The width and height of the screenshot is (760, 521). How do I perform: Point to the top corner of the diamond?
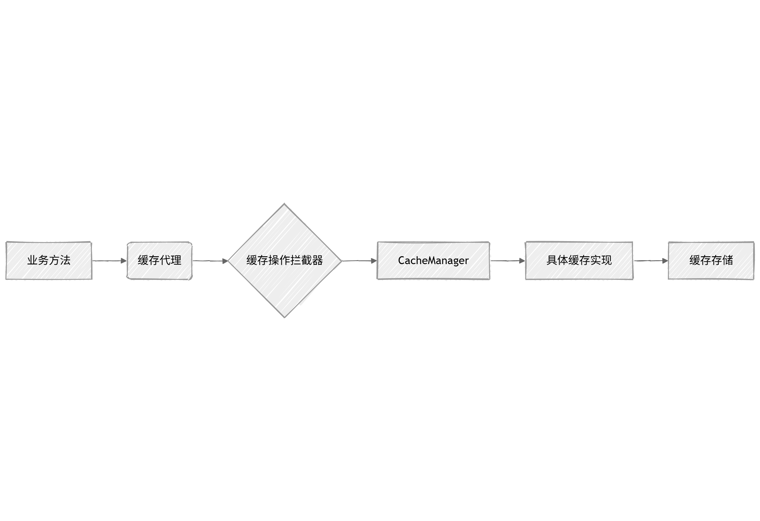coord(285,204)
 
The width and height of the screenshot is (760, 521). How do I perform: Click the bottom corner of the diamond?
coord(285,317)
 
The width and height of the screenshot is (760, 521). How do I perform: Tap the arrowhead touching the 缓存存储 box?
coord(665,261)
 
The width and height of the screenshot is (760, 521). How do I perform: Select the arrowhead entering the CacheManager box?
coord(374,261)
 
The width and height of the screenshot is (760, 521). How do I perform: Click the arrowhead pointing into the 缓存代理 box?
coord(124,261)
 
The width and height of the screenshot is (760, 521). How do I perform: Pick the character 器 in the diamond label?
coord(317,260)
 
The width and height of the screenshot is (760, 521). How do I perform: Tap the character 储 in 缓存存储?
coord(728,260)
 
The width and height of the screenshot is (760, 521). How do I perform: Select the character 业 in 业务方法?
coord(32,260)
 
